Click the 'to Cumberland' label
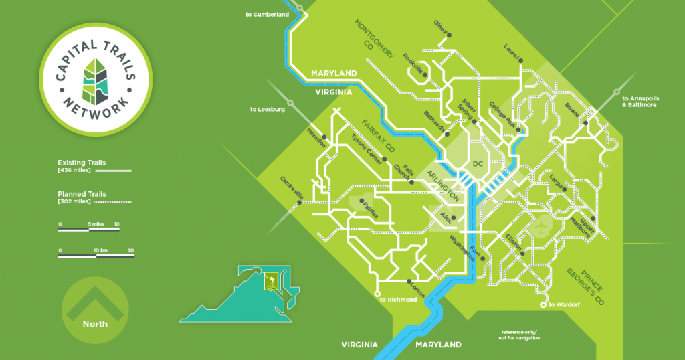[266, 14]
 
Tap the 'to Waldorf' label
[561, 305]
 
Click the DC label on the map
[478, 164]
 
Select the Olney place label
[439, 29]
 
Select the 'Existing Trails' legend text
[82, 163]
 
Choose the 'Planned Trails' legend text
[82, 194]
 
